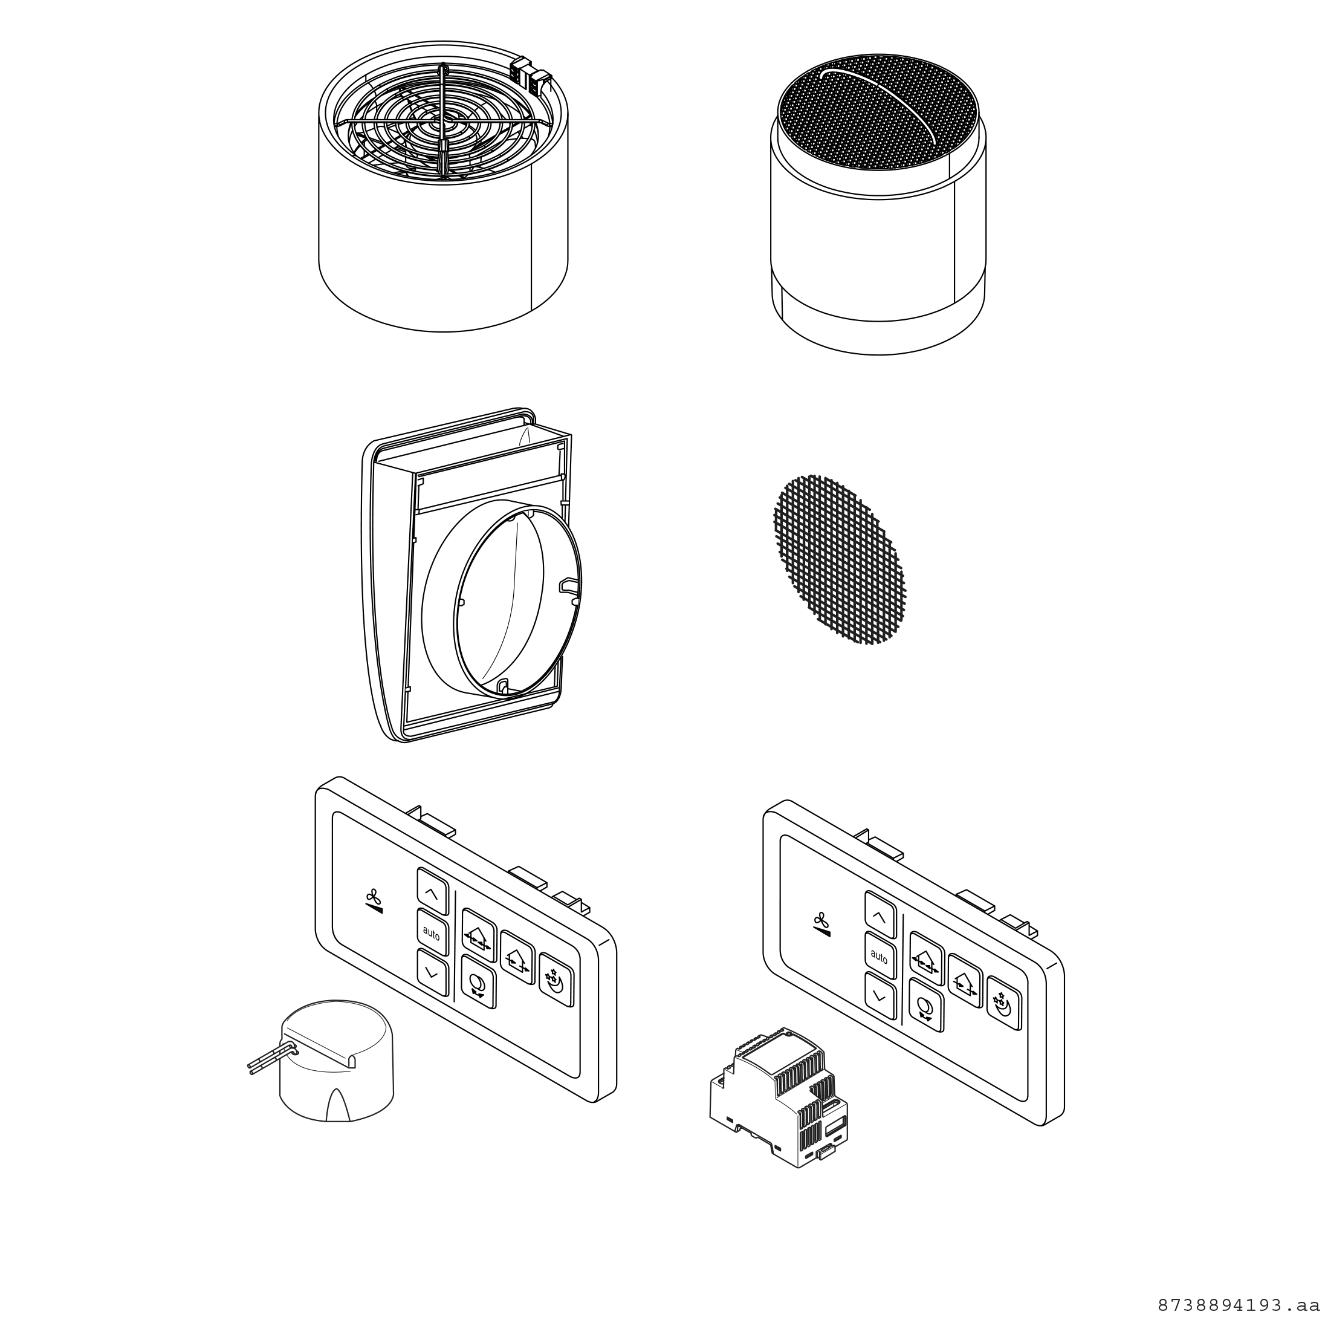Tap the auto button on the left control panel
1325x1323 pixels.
432,932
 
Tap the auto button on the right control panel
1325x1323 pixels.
880,956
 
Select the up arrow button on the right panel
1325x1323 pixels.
880,915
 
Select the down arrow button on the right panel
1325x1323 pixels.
880,996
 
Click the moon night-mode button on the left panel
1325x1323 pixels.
556,981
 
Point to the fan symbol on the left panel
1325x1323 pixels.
373,901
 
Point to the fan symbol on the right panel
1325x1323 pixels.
821,924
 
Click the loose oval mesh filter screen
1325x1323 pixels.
840,559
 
